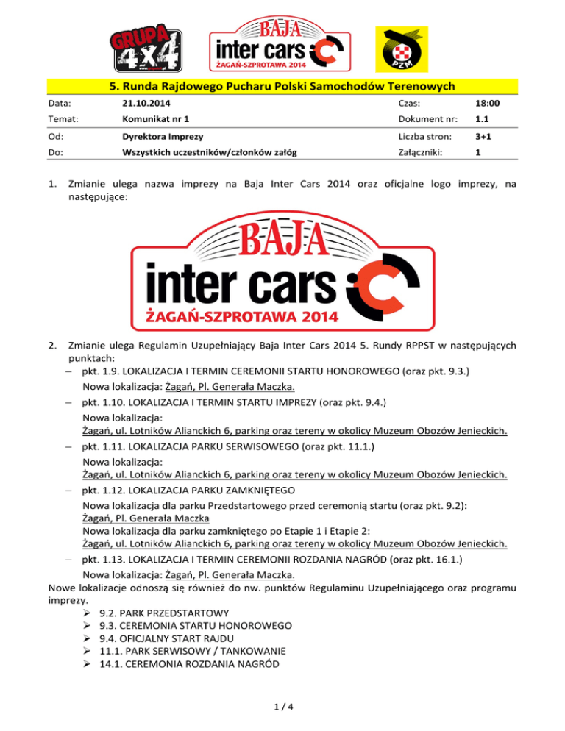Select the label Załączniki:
point(420,154)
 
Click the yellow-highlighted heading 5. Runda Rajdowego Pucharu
point(282,88)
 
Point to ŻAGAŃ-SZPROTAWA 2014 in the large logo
point(239,317)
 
